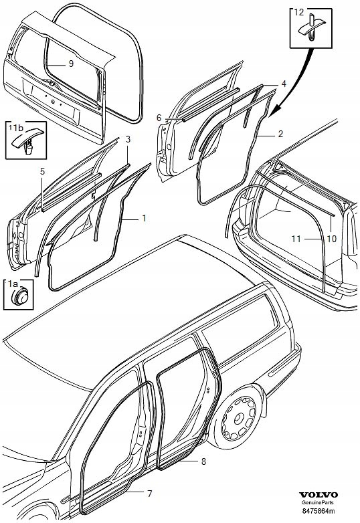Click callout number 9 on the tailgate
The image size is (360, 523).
tap(71, 64)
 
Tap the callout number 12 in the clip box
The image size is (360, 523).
tap(299, 13)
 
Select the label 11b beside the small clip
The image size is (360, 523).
tap(15, 127)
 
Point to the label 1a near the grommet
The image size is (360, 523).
tap(13, 284)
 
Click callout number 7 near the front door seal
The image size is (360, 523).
tap(149, 493)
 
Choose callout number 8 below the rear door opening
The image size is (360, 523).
tap(203, 461)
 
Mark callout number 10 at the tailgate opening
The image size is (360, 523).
tap(332, 239)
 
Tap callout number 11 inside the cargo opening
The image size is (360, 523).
tap(296, 239)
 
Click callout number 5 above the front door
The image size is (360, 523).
tap(42, 171)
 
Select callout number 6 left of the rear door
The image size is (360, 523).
tap(159, 118)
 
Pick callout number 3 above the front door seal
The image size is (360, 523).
tap(128, 139)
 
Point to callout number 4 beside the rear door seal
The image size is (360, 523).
tap(284, 84)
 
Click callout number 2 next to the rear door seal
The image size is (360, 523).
tap(280, 134)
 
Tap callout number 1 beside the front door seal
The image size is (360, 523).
tap(144, 219)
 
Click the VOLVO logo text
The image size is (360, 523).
tap(319, 495)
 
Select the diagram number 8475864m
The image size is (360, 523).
tap(319, 511)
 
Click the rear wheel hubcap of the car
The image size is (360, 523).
tap(240, 417)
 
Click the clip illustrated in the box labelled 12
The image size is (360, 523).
tap(310, 27)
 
